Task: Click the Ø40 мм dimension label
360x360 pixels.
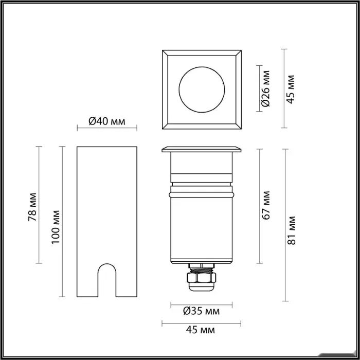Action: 107,121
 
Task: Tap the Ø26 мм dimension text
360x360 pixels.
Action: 266,88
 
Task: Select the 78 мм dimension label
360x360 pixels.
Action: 32,207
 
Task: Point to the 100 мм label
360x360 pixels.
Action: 56,227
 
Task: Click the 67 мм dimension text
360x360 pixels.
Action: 266,205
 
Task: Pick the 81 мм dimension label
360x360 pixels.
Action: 292,230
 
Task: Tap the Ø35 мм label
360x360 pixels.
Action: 202,311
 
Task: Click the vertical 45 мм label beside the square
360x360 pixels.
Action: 291,89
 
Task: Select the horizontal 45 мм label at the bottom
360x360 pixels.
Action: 201,330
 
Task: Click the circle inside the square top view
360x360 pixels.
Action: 202,67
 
